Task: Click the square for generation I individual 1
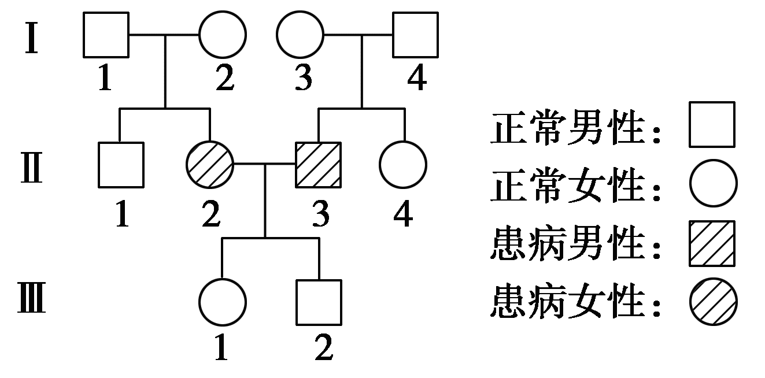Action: click(x=106, y=35)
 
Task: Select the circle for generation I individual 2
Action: click(x=223, y=35)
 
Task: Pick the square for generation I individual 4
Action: click(x=415, y=35)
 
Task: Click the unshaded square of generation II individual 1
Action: click(x=120, y=165)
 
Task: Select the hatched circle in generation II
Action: click(x=209, y=165)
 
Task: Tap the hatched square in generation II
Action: click(x=319, y=165)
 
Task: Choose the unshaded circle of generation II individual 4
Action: click(x=404, y=165)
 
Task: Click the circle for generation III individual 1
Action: click(x=222, y=302)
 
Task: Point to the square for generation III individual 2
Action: click(x=319, y=302)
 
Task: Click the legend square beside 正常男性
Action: click(x=712, y=124)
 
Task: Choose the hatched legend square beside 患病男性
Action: click(x=712, y=243)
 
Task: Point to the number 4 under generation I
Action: click(x=416, y=79)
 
